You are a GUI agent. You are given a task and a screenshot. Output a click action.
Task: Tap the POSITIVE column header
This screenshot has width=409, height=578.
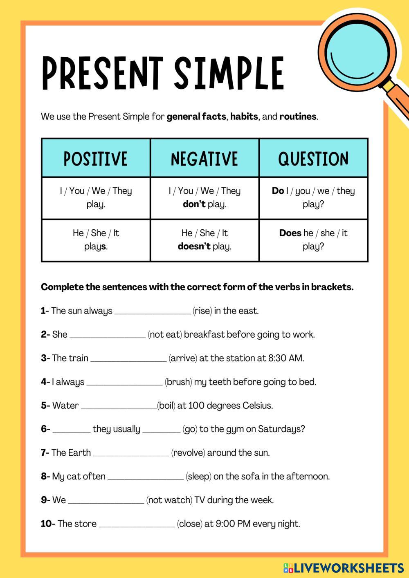(95, 159)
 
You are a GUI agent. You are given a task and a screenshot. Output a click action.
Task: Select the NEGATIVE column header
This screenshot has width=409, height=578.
(204, 159)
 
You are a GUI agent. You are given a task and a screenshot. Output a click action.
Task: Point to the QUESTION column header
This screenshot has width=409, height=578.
(313, 159)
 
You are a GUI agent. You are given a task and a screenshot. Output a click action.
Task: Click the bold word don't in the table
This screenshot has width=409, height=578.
(194, 204)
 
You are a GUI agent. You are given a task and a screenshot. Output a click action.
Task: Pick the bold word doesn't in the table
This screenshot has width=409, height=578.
(194, 246)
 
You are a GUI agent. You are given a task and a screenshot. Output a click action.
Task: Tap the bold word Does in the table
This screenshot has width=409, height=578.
(290, 233)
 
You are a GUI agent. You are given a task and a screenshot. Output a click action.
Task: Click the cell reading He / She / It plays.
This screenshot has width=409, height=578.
(96, 240)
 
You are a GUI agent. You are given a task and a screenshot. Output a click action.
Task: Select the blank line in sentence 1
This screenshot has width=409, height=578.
(152, 311)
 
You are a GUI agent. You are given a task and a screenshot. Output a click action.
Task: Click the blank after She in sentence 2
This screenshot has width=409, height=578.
(108, 335)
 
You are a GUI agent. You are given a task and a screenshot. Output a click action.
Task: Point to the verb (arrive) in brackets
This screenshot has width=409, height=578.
(183, 358)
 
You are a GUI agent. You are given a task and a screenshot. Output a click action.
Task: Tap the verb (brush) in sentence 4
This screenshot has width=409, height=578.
(178, 382)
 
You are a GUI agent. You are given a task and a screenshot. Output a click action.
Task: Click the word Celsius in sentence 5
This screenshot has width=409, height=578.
(257, 405)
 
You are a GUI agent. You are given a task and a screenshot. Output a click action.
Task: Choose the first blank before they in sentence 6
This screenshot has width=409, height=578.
(72, 430)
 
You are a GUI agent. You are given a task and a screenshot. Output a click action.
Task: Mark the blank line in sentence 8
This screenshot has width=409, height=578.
(145, 477)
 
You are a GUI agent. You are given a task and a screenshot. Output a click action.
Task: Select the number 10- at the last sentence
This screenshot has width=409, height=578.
(48, 524)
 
